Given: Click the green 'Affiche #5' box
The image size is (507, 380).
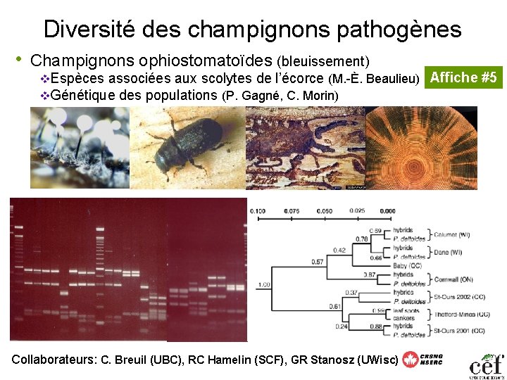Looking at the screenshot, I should click(464, 77).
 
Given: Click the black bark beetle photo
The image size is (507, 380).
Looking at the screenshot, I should click(189, 146).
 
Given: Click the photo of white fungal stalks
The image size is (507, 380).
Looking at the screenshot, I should click(80, 146).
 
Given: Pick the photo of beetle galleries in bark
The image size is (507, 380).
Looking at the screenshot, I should click(305, 146).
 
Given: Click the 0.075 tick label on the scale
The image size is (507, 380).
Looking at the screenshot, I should click(291, 211).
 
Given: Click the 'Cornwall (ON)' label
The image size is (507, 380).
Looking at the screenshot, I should click(453, 279).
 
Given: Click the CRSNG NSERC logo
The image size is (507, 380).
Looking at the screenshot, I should click(422, 359).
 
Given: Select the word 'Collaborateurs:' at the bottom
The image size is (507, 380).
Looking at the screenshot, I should click(54, 359).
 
